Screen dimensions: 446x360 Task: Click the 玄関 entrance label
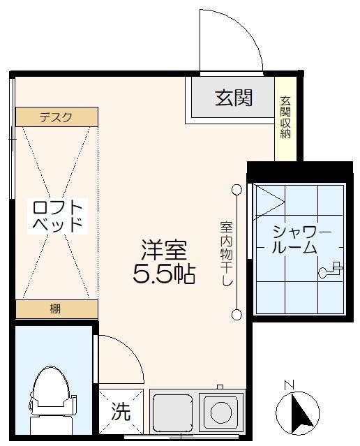(233, 98)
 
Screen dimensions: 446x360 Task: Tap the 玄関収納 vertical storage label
(285, 117)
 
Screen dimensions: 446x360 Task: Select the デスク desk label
(56, 117)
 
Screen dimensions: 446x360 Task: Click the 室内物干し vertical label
(226, 253)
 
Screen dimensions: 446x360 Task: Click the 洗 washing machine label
(121, 412)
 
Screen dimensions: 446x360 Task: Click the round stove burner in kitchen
(220, 412)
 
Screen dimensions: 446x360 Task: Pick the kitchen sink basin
(172, 412)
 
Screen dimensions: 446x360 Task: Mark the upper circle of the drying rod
(237, 189)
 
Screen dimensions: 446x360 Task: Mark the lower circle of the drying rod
(237, 313)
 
